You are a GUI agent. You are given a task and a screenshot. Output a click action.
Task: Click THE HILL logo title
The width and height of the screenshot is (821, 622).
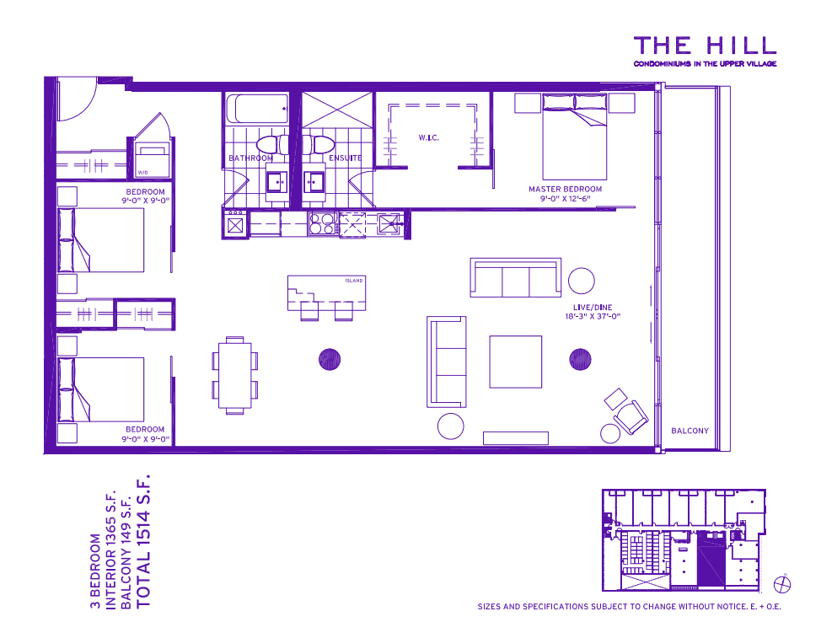(x=704, y=45)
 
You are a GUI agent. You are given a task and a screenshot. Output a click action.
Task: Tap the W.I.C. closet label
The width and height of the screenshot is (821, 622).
(x=429, y=137)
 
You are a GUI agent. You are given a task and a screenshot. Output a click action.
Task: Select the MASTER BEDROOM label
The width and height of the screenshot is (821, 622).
(x=565, y=189)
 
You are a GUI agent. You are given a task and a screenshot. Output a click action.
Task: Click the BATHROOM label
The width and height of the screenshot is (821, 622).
(x=250, y=158)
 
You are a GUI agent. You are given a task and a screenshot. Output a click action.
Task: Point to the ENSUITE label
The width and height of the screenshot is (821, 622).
(x=345, y=158)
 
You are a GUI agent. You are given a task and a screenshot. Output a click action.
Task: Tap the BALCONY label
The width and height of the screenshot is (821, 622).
(x=690, y=431)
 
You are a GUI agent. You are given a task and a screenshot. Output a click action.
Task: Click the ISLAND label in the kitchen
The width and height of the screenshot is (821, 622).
(x=354, y=281)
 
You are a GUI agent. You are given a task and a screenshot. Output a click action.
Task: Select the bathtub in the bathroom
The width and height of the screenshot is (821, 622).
(x=257, y=109)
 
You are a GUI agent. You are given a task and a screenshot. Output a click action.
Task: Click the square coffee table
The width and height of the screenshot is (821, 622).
(x=516, y=362)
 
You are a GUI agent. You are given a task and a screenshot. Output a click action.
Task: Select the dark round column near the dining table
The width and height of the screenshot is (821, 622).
(x=329, y=360)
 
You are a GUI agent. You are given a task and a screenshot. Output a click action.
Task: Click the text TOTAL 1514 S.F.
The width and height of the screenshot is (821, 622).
(x=142, y=539)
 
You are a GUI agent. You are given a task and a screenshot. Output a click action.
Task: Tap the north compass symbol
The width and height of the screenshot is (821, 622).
(x=782, y=583)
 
